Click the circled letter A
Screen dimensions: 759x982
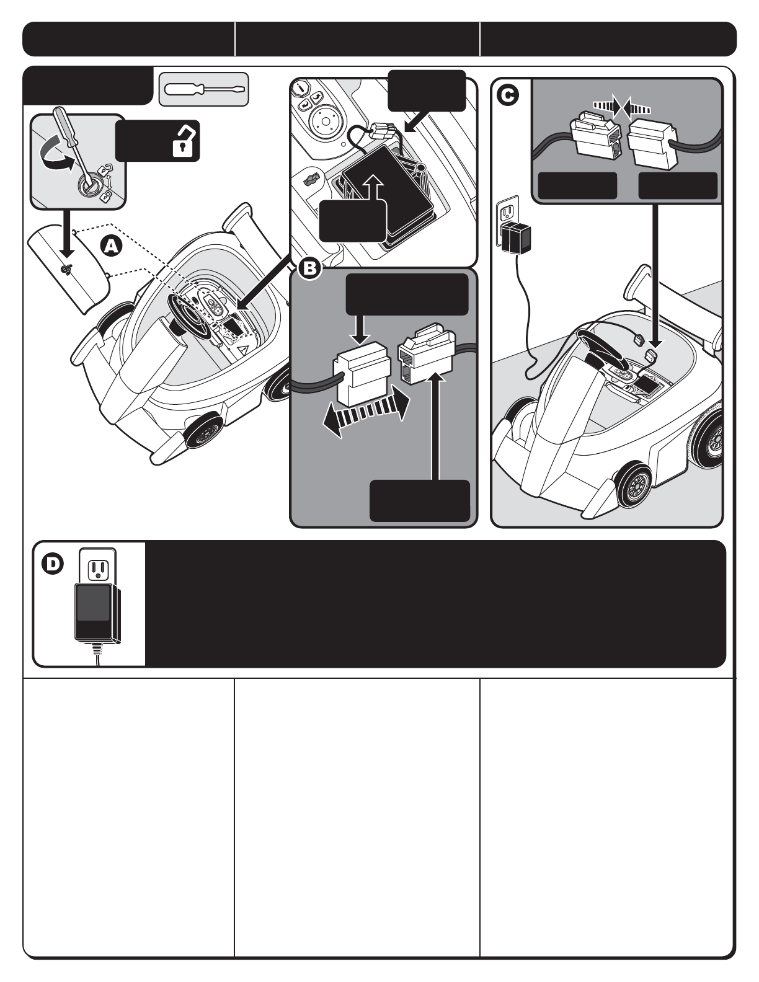point(111,246)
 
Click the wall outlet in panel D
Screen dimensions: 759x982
point(97,568)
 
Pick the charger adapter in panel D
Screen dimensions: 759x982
point(97,614)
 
